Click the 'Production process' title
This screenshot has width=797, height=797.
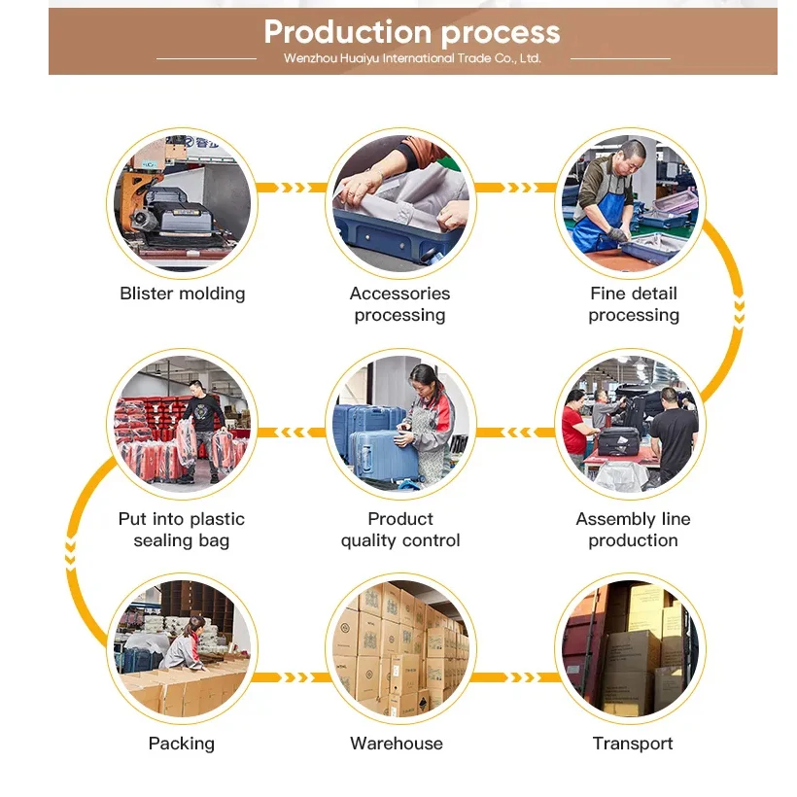412,32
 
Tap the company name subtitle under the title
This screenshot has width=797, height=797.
412,58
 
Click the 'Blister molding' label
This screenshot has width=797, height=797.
183,294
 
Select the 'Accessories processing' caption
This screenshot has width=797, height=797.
399,303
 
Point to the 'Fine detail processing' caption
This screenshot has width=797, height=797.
634,303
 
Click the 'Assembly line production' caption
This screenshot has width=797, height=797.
634,530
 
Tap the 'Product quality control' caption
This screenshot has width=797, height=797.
399,530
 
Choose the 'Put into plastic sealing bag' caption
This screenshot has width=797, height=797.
182,530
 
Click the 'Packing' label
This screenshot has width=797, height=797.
182,744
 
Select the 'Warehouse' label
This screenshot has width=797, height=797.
397,744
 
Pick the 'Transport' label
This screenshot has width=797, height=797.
633,744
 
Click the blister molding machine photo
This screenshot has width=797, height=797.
183,202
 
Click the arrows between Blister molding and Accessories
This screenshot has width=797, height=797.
292,188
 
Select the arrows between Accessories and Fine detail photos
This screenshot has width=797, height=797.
516,188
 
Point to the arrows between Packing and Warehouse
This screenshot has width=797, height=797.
292,677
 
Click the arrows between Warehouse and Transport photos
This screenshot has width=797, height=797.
516,677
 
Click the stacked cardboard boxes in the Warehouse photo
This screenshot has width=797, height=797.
399,646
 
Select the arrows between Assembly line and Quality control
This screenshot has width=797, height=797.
516,433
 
